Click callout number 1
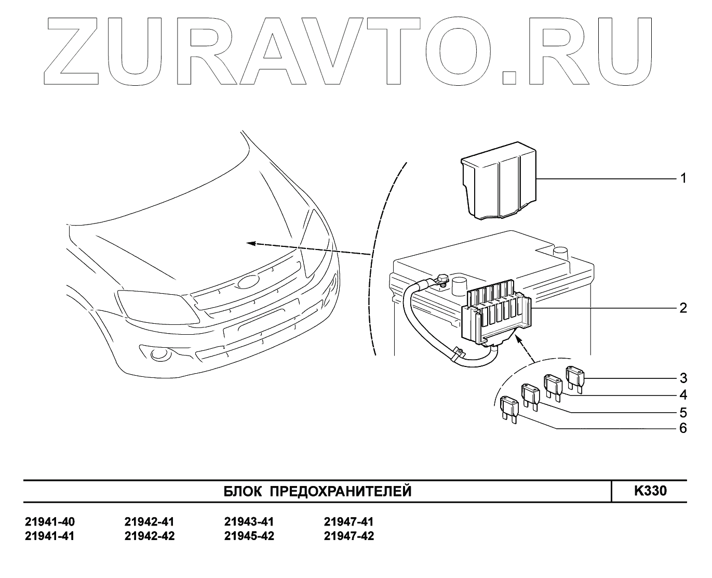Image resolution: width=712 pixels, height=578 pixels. coord(683,179)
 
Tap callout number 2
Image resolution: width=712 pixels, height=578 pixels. coord(683,308)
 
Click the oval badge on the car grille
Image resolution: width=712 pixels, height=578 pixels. coord(248,282)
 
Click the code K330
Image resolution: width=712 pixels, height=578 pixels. coord(650,491)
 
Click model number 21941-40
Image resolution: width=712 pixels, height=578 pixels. coord(50,522)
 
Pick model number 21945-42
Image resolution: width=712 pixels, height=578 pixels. coord(249,536)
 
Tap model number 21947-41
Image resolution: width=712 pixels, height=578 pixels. coord(348,522)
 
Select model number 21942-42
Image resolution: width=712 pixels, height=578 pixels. coord(150,536)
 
